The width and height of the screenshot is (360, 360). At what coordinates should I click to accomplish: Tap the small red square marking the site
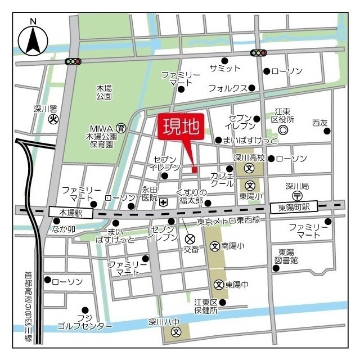coord(195,169)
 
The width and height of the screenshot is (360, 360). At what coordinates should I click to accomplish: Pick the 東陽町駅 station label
coord(294,208)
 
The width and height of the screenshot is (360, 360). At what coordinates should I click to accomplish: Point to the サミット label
coord(224,69)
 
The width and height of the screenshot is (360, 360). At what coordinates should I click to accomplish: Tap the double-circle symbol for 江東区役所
coord(283,129)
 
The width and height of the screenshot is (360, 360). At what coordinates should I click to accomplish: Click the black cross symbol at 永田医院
coord(163,203)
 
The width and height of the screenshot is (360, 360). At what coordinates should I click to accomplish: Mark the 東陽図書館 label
coord(287,256)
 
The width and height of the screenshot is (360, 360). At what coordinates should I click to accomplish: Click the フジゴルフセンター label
coord(84,322)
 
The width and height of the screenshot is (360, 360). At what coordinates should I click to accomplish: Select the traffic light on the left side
coord(73,61)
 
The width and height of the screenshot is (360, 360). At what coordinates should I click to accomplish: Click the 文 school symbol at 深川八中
coord(175,332)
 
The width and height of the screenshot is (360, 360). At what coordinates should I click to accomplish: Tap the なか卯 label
coord(64,228)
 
